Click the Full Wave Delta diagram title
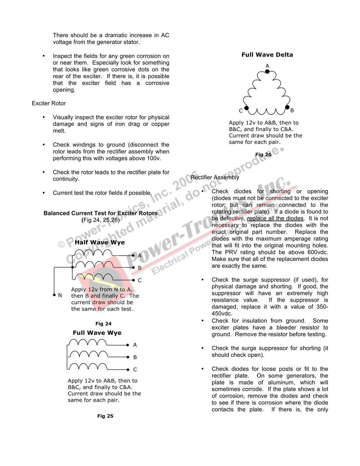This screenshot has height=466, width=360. [267, 55]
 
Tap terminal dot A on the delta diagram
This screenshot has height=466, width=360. [267, 72]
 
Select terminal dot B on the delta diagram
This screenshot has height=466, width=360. [287, 107]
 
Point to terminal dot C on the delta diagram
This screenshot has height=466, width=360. [247, 108]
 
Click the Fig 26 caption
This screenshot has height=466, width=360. [263, 154]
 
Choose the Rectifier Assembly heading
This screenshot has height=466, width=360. [215, 177]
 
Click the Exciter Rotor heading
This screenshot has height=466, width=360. [49, 103]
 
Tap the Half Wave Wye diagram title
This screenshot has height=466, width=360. [100, 242]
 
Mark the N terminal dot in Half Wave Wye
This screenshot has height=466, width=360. [54, 295]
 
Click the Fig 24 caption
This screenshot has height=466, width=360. [103, 323]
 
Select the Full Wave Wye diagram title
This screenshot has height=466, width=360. [97, 333]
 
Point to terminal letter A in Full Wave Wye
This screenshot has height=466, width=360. [135, 345]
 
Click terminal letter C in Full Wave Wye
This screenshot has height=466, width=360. [135, 369]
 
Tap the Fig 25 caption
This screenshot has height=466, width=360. [105, 416]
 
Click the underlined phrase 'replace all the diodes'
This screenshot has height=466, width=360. [275, 219]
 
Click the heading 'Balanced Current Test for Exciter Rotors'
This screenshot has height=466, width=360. [100, 213]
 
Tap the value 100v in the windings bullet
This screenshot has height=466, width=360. [152, 158]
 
